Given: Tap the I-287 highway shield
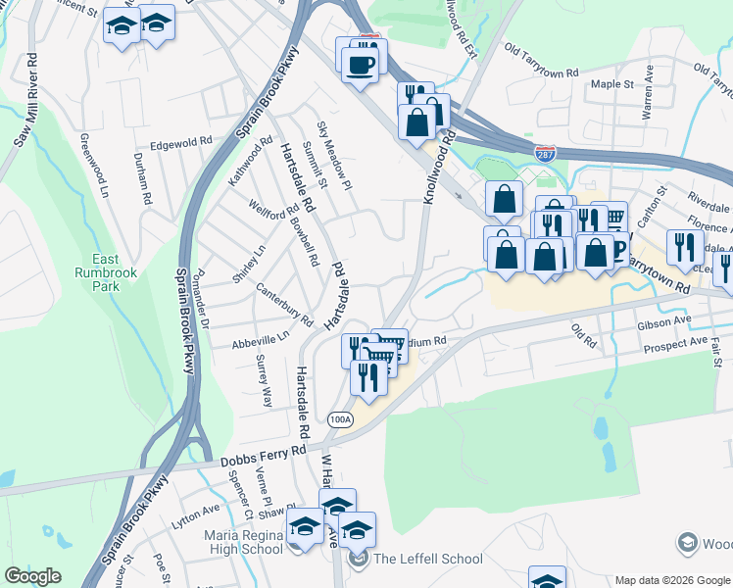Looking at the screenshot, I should point(546,154).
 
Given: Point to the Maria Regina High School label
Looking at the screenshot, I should point(243,542).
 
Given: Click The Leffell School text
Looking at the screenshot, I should point(427,559).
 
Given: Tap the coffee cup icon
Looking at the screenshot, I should point(360,65).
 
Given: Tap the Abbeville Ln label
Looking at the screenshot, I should point(261,339).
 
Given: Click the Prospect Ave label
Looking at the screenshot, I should point(675,346).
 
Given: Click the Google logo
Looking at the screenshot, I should point(32,576).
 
